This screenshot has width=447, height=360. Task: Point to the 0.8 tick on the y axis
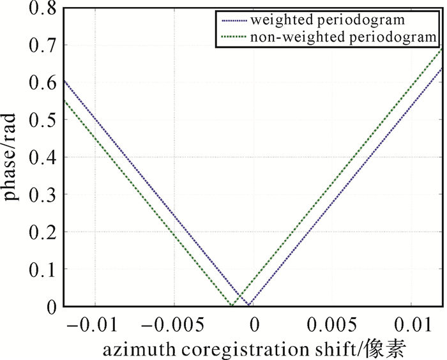(x=42, y=8)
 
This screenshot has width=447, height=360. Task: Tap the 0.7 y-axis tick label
(x=42, y=45)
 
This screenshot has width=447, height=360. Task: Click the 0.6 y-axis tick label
(x=42, y=83)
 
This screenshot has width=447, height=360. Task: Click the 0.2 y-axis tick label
(x=42, y=232)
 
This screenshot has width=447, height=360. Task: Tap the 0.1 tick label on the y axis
(x=42, y=269)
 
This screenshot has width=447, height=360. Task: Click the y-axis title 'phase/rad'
(x=14, y=160)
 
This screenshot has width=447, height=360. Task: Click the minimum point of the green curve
(x=231, y=306)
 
